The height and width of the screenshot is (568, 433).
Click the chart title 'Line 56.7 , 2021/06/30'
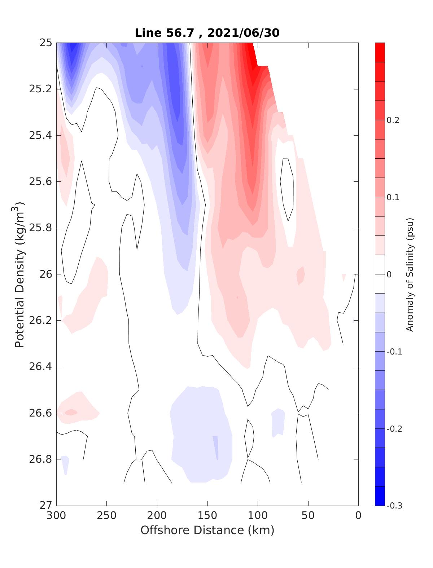[207, 33]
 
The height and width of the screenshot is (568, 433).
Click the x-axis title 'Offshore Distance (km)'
[207, 530]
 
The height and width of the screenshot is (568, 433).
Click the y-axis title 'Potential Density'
[20, 274]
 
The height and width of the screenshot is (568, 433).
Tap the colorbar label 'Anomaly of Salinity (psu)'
[410, 274]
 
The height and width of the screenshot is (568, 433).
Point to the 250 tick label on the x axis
[107, 516]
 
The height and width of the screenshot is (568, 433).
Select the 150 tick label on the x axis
[207, 516]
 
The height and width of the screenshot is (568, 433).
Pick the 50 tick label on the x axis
[308, 516]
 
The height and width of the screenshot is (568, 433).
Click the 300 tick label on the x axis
[57, 516]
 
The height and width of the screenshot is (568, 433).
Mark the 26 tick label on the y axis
[45, 274]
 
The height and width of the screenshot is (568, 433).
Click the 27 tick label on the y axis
[45, 506]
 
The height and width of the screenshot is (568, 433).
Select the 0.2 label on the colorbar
[393, 120]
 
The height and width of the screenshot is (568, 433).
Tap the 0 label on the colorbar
[389, 274]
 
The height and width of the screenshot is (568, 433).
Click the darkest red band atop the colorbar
[380, 52]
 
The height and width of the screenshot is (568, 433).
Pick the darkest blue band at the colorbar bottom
[380, 496]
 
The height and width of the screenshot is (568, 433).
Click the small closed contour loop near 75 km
[287, 189]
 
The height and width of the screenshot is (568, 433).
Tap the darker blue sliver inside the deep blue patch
[216, 447]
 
